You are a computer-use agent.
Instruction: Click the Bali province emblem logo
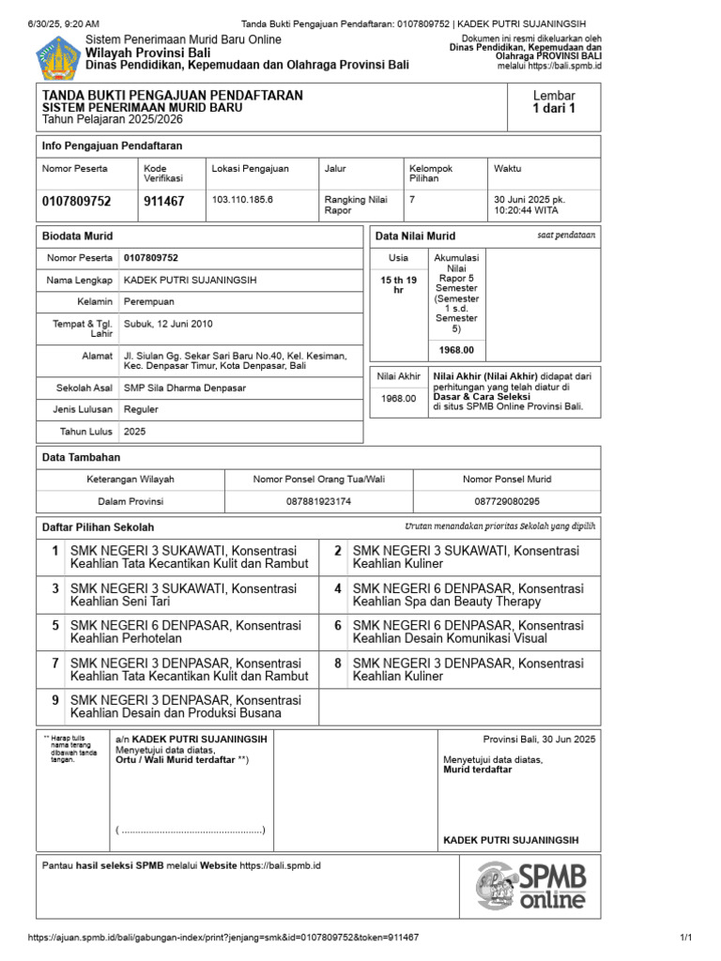tap(58, 57)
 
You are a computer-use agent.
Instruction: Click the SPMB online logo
tap(530, 887)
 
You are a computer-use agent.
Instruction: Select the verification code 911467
tap(164, 202)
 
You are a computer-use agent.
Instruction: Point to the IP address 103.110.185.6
tap(242, 200)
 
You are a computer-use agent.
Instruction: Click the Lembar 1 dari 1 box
tap(554, 102)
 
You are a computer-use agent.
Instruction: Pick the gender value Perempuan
tap(149, 301)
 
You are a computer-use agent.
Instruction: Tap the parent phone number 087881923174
tap(319, 502)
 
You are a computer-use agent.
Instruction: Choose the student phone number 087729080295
tap(507, 502)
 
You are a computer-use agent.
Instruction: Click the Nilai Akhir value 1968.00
tap(397, 398)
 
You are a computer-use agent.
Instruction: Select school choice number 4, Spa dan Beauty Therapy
tap(468, 595)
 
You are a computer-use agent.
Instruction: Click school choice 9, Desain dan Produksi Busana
tap(186, 707)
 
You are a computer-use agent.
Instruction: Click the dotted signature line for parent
tap(191, 831)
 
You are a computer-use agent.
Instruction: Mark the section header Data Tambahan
tap(82, 456)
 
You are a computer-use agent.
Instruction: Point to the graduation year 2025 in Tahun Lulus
tap(135, 432)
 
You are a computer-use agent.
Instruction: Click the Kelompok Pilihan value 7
tap(412, 200)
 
